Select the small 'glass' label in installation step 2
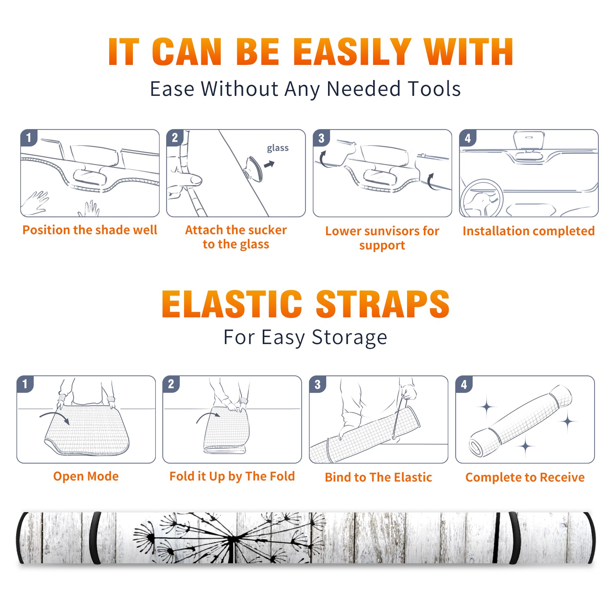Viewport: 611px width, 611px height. point(278,148)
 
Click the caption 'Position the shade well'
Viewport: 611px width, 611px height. point(90,230)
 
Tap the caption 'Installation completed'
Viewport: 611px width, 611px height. point(529,231)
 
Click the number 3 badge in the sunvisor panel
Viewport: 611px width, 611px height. point(321,138)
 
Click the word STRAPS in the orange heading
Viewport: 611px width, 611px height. point(383,304)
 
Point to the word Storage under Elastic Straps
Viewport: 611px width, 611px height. point(349,338)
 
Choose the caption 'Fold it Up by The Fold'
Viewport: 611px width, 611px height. point(232,476)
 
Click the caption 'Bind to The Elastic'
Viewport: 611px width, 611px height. point(378,477)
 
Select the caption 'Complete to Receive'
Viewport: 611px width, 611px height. point(525,477)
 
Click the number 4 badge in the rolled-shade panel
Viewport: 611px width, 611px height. point(464,384)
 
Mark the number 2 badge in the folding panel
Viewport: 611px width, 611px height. point(171,384)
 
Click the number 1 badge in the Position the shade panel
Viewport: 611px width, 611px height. point(29,137)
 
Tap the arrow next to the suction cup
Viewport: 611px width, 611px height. point(270,164)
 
